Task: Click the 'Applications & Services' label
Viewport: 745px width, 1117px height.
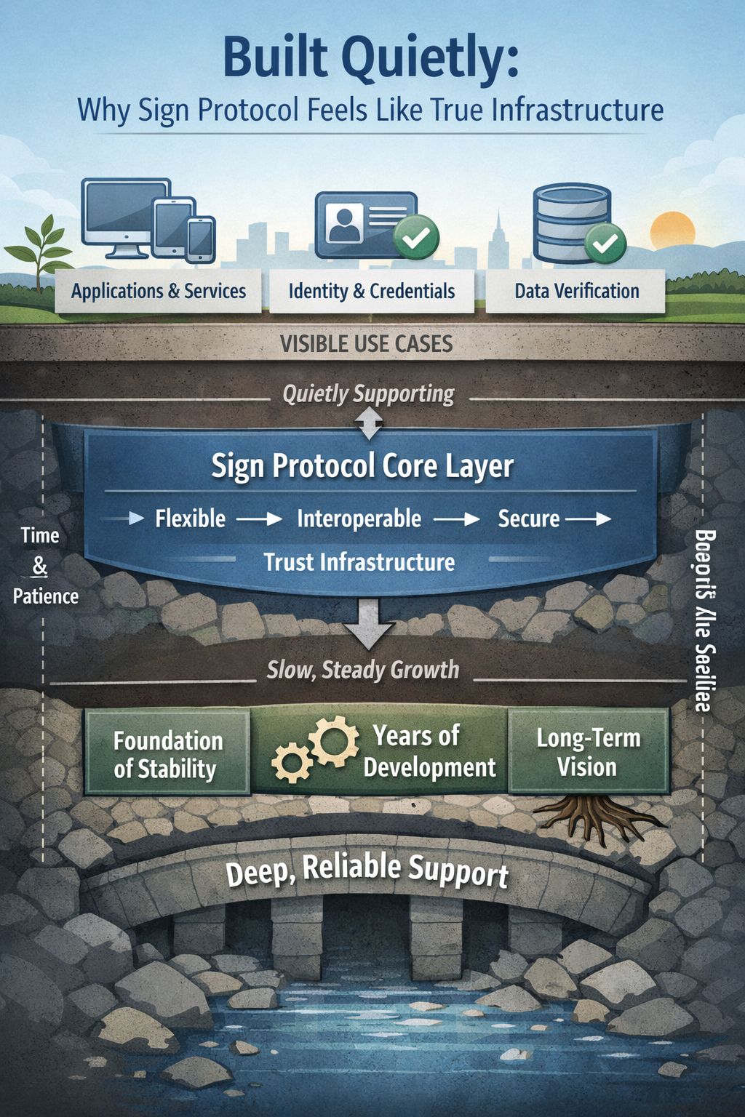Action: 159,292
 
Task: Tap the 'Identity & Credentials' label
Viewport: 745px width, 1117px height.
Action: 371,292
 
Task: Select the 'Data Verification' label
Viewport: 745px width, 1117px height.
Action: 576,292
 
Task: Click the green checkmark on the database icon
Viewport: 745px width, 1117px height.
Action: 605,243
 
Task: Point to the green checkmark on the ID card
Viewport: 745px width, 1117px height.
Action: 416,237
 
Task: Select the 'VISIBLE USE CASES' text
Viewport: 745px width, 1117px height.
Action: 367,344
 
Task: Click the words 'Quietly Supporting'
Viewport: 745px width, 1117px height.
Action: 368,394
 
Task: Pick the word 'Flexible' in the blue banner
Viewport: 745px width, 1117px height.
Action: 191,519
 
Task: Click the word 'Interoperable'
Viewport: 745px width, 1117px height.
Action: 359,519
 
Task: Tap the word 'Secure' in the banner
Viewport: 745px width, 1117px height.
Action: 529,519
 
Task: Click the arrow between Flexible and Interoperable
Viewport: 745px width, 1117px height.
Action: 260,519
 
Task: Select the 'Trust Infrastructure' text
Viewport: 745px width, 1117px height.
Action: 359,562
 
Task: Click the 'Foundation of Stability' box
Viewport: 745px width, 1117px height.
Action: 167,754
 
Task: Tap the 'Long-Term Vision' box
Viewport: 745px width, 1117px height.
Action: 588,752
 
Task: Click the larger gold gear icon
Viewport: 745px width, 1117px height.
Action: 334,740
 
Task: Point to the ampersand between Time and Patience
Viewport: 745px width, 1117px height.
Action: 40,566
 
